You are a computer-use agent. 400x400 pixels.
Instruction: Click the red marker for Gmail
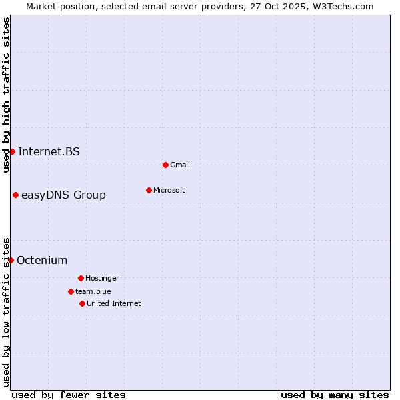[165, 165]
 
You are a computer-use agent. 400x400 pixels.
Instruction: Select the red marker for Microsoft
[149, 190]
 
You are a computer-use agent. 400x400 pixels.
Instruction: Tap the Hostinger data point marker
[81, 278]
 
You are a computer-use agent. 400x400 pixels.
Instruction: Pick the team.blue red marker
[71, 291]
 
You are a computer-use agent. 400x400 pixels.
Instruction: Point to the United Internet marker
[82, 303]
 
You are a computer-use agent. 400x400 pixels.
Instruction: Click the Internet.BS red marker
[12, 151]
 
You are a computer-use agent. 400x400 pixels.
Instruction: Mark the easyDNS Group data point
[15, 195]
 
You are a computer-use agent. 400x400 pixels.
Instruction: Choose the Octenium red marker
[11, 260]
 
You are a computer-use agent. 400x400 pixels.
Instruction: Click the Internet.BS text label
[49, 151]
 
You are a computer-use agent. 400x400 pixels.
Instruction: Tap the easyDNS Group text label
[63, 195]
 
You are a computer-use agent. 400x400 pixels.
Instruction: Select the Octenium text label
[42, 260]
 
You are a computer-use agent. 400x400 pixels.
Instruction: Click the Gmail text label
[180, 165]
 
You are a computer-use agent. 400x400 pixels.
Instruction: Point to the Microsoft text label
[169, 190]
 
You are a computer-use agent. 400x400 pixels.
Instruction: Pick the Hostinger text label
[102, 278]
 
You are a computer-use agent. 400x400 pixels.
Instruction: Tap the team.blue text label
[93, 291]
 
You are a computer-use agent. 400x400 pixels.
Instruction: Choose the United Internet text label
[114, 303]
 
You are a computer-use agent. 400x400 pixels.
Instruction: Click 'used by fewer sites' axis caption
[69, 395]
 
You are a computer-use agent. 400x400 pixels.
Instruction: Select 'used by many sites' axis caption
[335, 395]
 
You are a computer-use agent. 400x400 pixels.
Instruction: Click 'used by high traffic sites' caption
[6, 95]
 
